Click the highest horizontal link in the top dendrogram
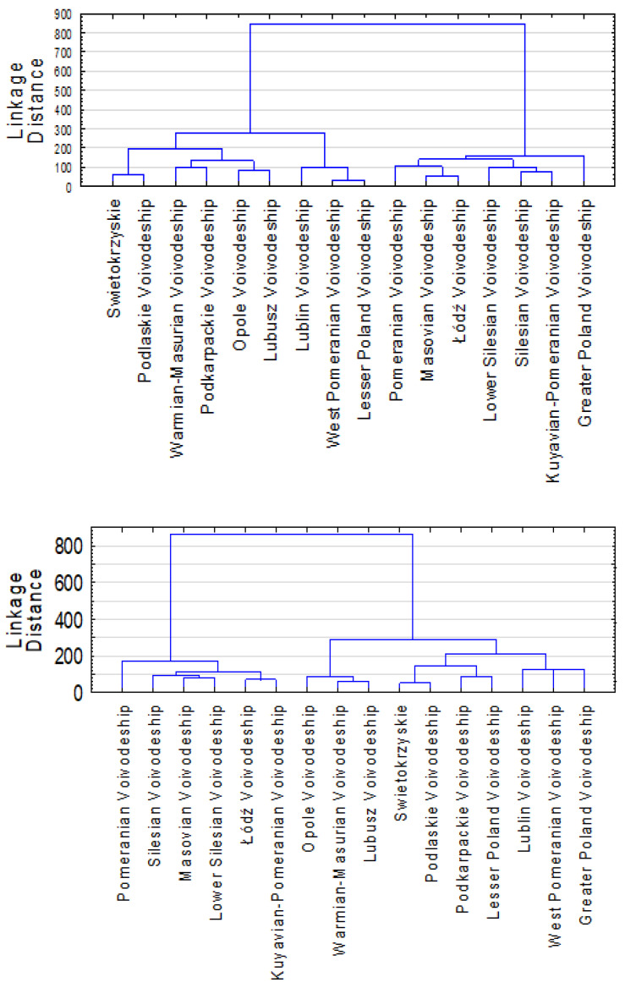click(387, 24)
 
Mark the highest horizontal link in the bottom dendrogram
click(292, 535)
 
